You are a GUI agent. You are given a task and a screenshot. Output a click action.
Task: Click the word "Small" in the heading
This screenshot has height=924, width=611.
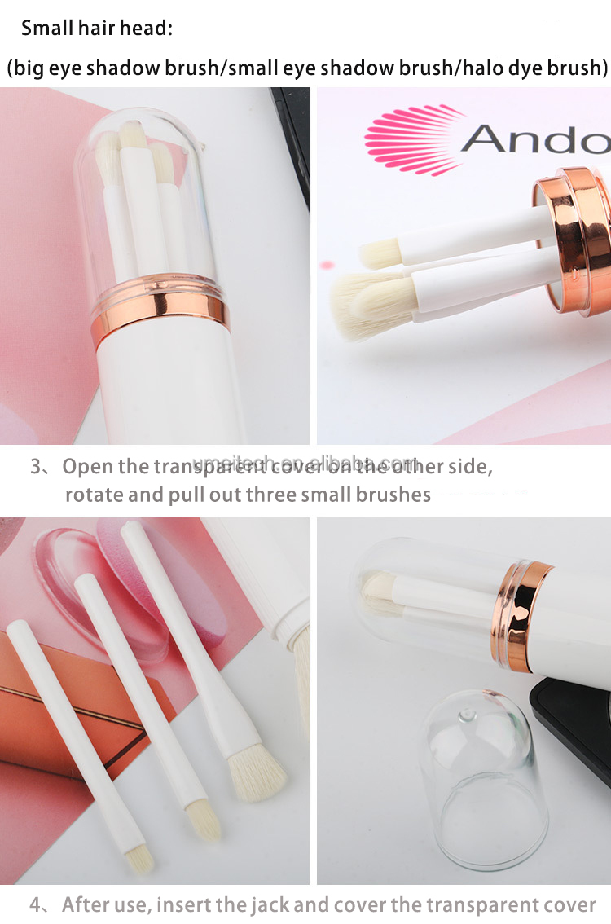pyautogui.click(x=45, y=29)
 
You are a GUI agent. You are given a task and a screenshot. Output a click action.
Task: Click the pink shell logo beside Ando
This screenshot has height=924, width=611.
pyautogui.click(x=411, y=139)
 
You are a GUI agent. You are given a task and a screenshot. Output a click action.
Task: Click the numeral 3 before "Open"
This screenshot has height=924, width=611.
pyautogui.click(x=36, y=467)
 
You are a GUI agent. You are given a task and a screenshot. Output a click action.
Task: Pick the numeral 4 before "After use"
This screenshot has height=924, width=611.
pyautogui.click(x=36, y=904)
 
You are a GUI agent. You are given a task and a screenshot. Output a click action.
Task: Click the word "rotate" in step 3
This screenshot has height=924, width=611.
pyautogui.click(x=93, y=495)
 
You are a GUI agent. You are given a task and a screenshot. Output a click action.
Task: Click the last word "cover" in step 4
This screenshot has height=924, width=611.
pyautogui.click(x=569, y=904)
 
